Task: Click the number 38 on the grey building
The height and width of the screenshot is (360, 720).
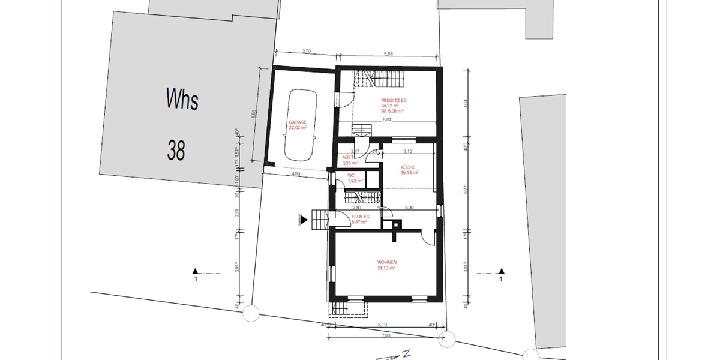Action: click(176, 150)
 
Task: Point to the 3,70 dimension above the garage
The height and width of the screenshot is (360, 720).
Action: click(306, 52)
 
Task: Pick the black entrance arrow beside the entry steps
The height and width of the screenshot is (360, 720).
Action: click(304, 220)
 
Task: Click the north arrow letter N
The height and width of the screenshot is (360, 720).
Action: click(406, 353)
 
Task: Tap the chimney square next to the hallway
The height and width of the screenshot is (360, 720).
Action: click(396, 226)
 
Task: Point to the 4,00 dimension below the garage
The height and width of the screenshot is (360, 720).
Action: click(295, 175)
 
